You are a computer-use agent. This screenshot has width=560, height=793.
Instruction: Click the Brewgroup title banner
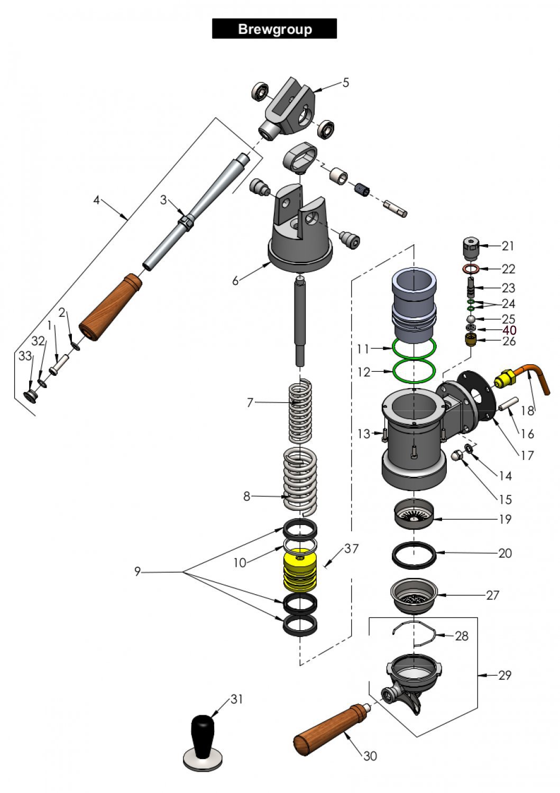pyautogui.click(x=274, y=29)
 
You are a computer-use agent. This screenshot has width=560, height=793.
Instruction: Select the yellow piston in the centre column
pyautogui.click(x=300, y=573)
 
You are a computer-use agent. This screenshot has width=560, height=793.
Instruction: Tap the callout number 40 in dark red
pyautogui.click(x=509, y=330)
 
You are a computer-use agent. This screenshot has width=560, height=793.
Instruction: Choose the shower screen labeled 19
pyautogui.click(x=414, y=512)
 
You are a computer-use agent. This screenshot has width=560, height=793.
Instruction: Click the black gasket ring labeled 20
pyautogui.click(x=414, y=555)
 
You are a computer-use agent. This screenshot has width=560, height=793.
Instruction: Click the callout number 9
pyautogui.click(x=137, y=571)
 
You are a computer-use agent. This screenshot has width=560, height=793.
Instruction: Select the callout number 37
pyautogui.click(x=351, y=549)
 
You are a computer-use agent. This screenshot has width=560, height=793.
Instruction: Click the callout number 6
pyautogui.click(x=235, y=281)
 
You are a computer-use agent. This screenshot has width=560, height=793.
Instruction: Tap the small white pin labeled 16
pyautogui.click(x=506, y=405)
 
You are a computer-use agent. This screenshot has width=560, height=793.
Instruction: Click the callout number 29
pyautogui.click(x=504, y=675)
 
